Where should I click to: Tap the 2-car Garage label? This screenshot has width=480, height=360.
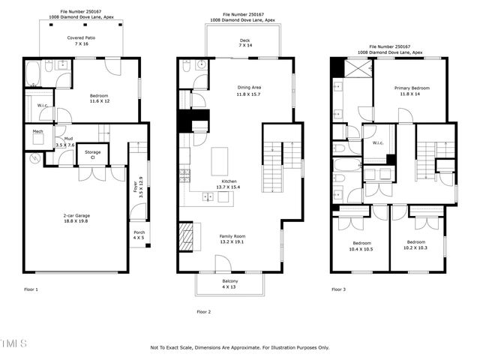(75, 218)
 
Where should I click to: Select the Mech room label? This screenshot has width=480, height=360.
(37, 132)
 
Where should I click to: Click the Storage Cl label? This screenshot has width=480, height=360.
(92, 155)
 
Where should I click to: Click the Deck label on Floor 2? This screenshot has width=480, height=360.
(244, 43)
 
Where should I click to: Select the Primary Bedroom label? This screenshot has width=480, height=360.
(412, 91)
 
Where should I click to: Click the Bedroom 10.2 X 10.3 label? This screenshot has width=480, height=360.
(416, 245)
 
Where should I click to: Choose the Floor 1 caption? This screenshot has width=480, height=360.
(31, 289)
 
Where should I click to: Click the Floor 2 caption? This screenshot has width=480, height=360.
(204, 311)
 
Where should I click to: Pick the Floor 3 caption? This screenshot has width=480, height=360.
(340, 289)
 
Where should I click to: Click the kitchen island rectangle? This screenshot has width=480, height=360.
(220, 160)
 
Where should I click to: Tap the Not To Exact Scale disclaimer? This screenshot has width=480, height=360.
(240, 347)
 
